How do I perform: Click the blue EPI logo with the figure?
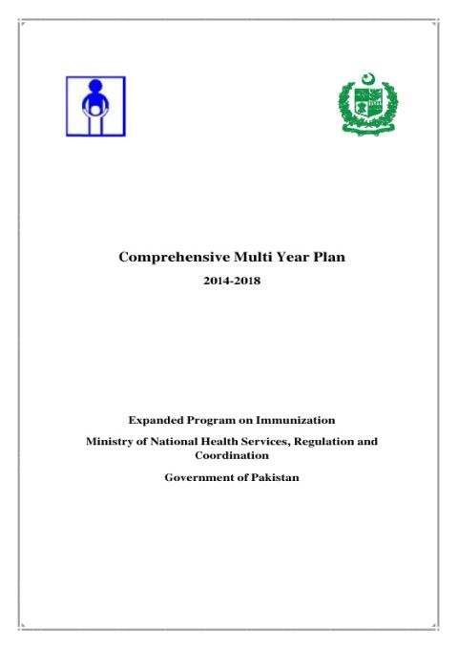94,106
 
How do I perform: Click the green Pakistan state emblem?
368,104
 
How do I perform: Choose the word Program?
218,419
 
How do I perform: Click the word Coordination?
232,455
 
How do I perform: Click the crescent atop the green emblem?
369,77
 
